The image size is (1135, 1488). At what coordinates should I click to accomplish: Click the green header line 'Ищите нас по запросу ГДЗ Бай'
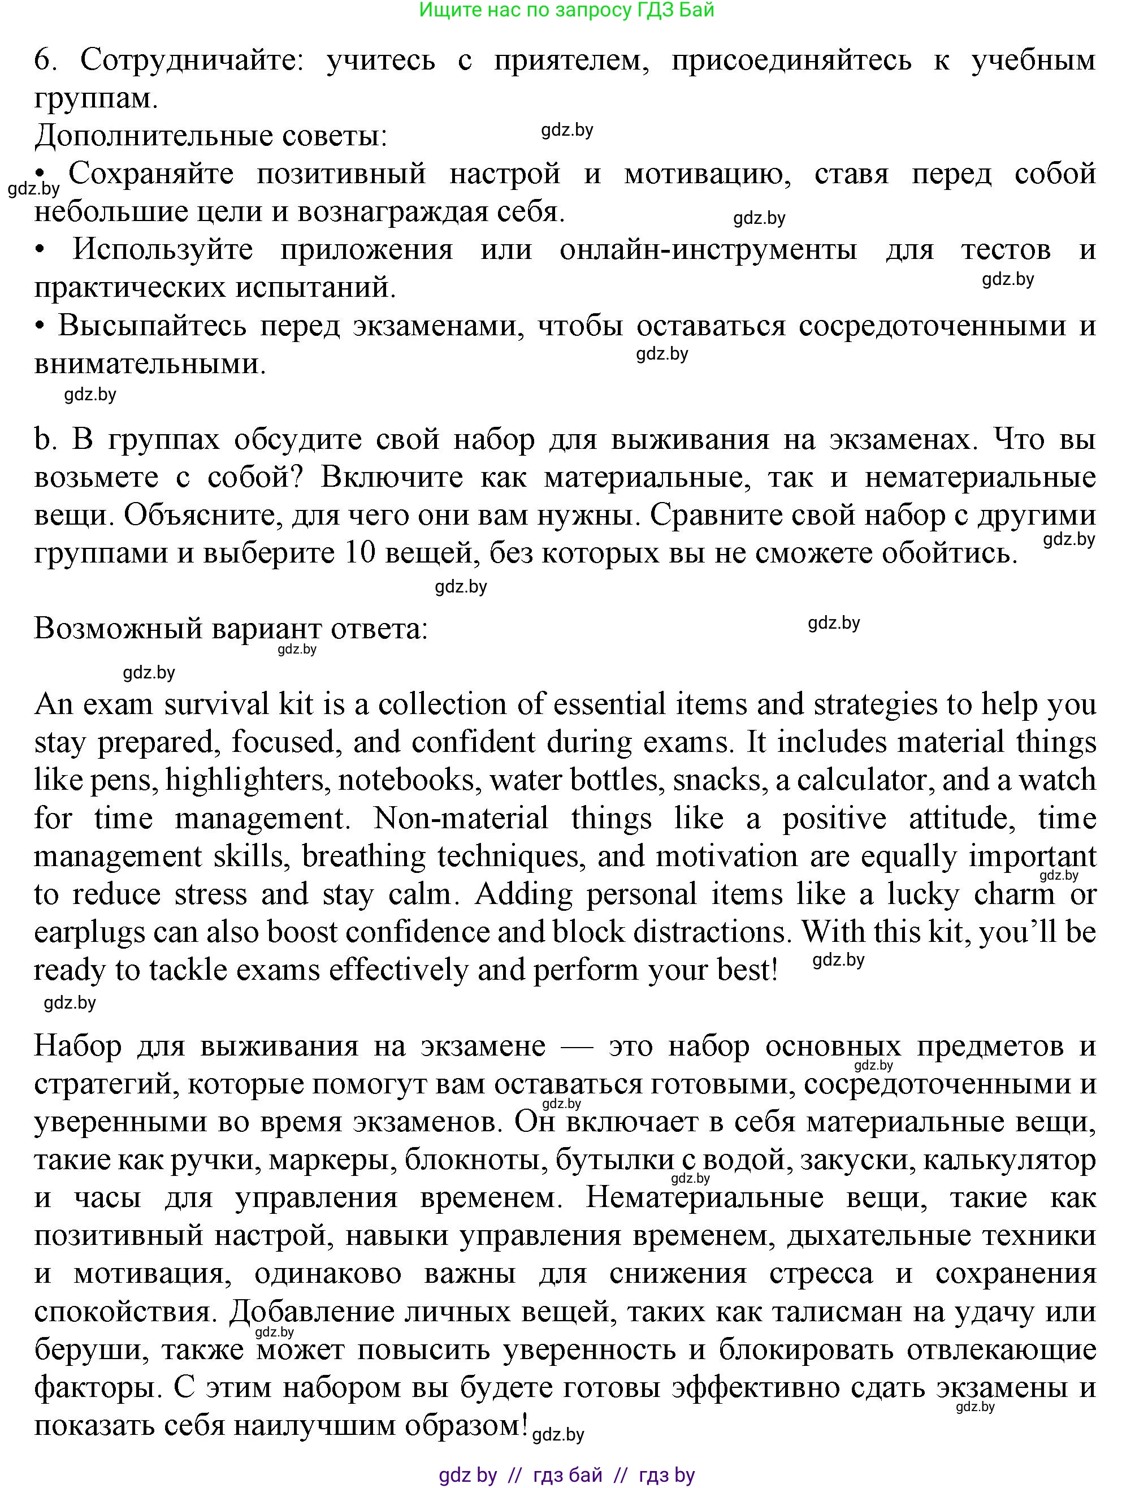click(x=566, y=10)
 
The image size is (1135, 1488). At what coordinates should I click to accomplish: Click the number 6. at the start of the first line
click(x=45, y=60)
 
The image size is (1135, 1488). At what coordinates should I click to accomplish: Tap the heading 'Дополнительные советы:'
click(x=211, y=136)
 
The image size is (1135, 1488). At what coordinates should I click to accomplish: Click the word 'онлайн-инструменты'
click(x=708, y=249)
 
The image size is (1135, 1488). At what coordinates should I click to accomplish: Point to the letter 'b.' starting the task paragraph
click(x=45, y=439)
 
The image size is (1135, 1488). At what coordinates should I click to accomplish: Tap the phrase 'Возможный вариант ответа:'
click(x=231, y=629)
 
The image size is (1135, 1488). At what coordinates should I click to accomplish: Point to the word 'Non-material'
click(x=461, y=818)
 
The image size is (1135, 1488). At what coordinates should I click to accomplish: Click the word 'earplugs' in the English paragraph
click(x=90, y=932)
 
